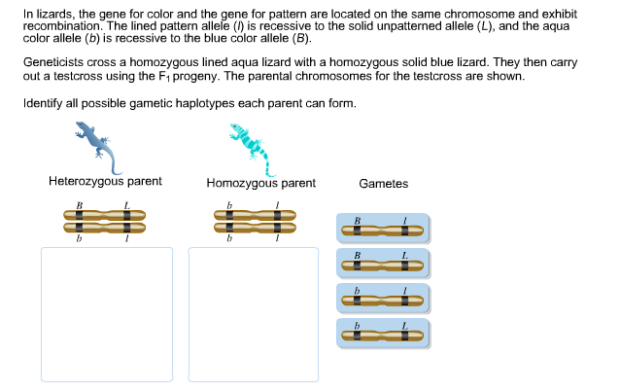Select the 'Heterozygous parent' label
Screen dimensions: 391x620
tap(105, 182)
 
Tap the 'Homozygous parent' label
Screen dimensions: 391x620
tap(260, 183)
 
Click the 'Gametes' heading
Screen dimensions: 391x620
tap(383, 184)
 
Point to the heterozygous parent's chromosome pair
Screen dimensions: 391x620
tap(105, 223)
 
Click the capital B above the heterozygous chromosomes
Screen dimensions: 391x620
tap(79, 204)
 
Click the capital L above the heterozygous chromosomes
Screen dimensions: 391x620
tap(126, 204)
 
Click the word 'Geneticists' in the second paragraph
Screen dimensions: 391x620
tap(52, 61)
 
